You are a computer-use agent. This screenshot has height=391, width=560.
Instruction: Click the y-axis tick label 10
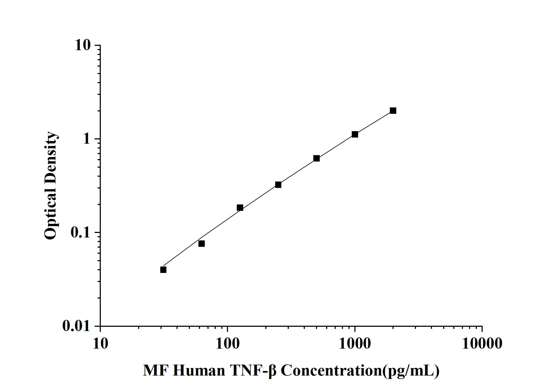pos(83,45)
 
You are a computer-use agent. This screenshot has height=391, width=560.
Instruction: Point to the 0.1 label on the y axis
pos(80,233)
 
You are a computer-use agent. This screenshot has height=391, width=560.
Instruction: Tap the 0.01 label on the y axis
pos(77,326)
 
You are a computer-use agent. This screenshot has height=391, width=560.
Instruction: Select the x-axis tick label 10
pos(101,344)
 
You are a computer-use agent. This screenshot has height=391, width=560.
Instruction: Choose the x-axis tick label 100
pos(227,344)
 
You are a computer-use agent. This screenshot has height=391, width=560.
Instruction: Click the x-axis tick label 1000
pos(355,344)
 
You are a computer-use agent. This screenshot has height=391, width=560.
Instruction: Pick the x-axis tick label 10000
pos(482,344)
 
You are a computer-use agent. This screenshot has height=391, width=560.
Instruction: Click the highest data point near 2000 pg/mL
pos(393,111)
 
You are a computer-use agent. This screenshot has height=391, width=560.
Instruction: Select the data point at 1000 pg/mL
pos(355,134)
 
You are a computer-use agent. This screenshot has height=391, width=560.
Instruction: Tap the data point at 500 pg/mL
pos(317,158)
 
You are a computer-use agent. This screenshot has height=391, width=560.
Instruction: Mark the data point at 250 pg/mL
pos(278,185)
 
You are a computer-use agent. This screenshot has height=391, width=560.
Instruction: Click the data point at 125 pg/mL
pos(240,208)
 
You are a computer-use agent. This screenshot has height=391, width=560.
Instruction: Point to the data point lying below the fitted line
pos(202,244)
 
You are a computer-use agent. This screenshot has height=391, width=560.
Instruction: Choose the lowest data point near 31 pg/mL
pos(163,270)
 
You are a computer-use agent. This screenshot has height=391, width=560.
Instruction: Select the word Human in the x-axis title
pos(199,370)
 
